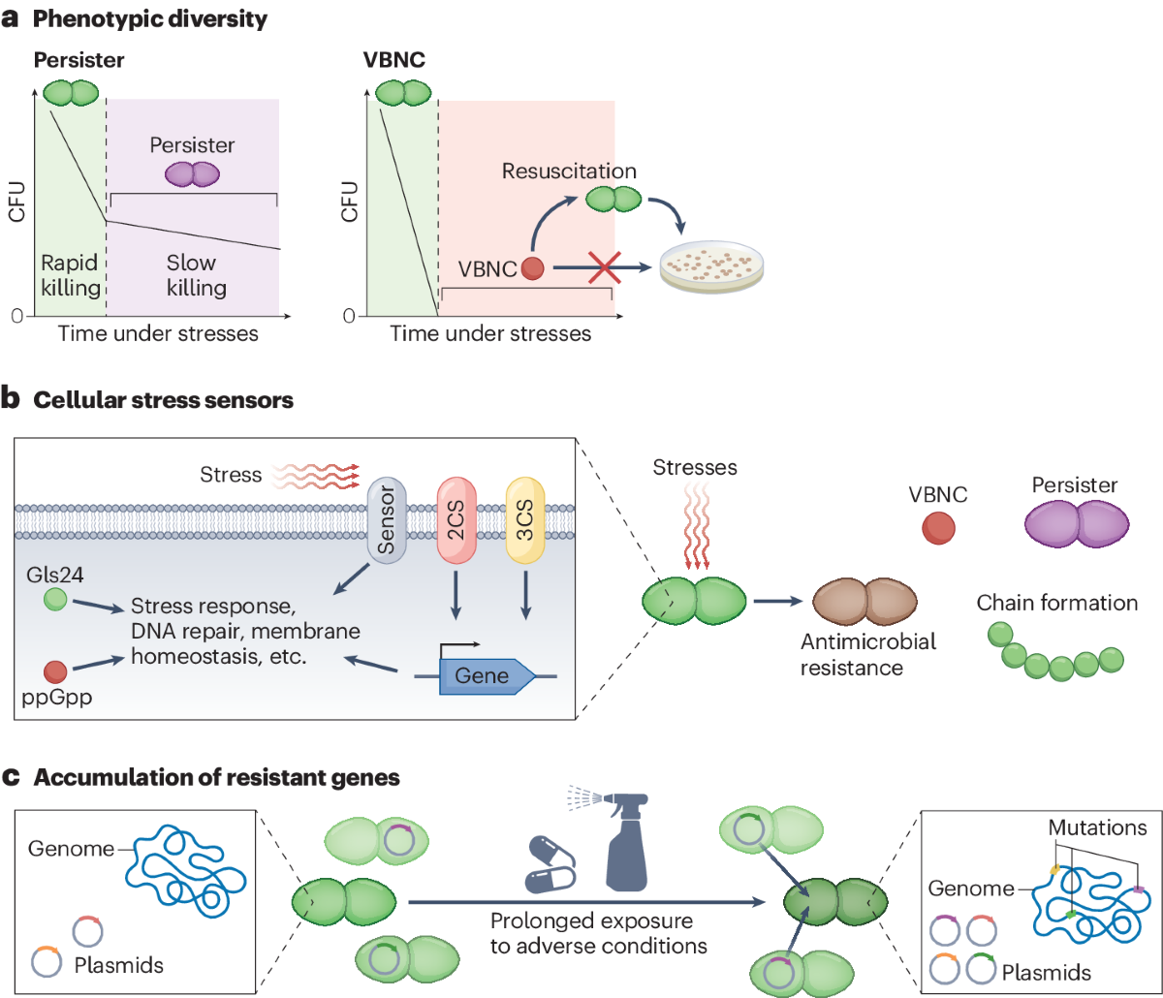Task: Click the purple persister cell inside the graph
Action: point(192,174)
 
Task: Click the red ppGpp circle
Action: point(56,671)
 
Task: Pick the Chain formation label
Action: point(1056,603)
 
